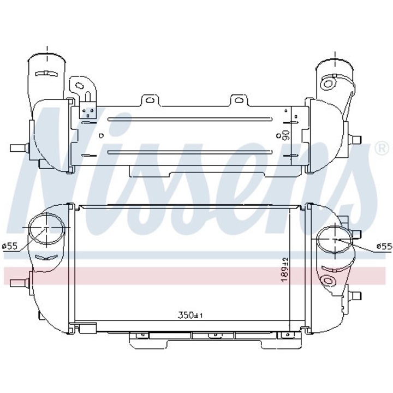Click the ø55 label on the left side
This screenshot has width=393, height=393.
click(10, 246)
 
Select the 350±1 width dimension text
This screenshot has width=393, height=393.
click(190, 314)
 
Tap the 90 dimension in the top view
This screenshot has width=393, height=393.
click(284, 133)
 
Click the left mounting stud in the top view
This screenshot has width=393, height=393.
click(21, 148)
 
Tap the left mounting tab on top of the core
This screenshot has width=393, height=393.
click(147, 100)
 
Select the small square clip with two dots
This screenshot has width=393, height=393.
click(87, 113)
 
